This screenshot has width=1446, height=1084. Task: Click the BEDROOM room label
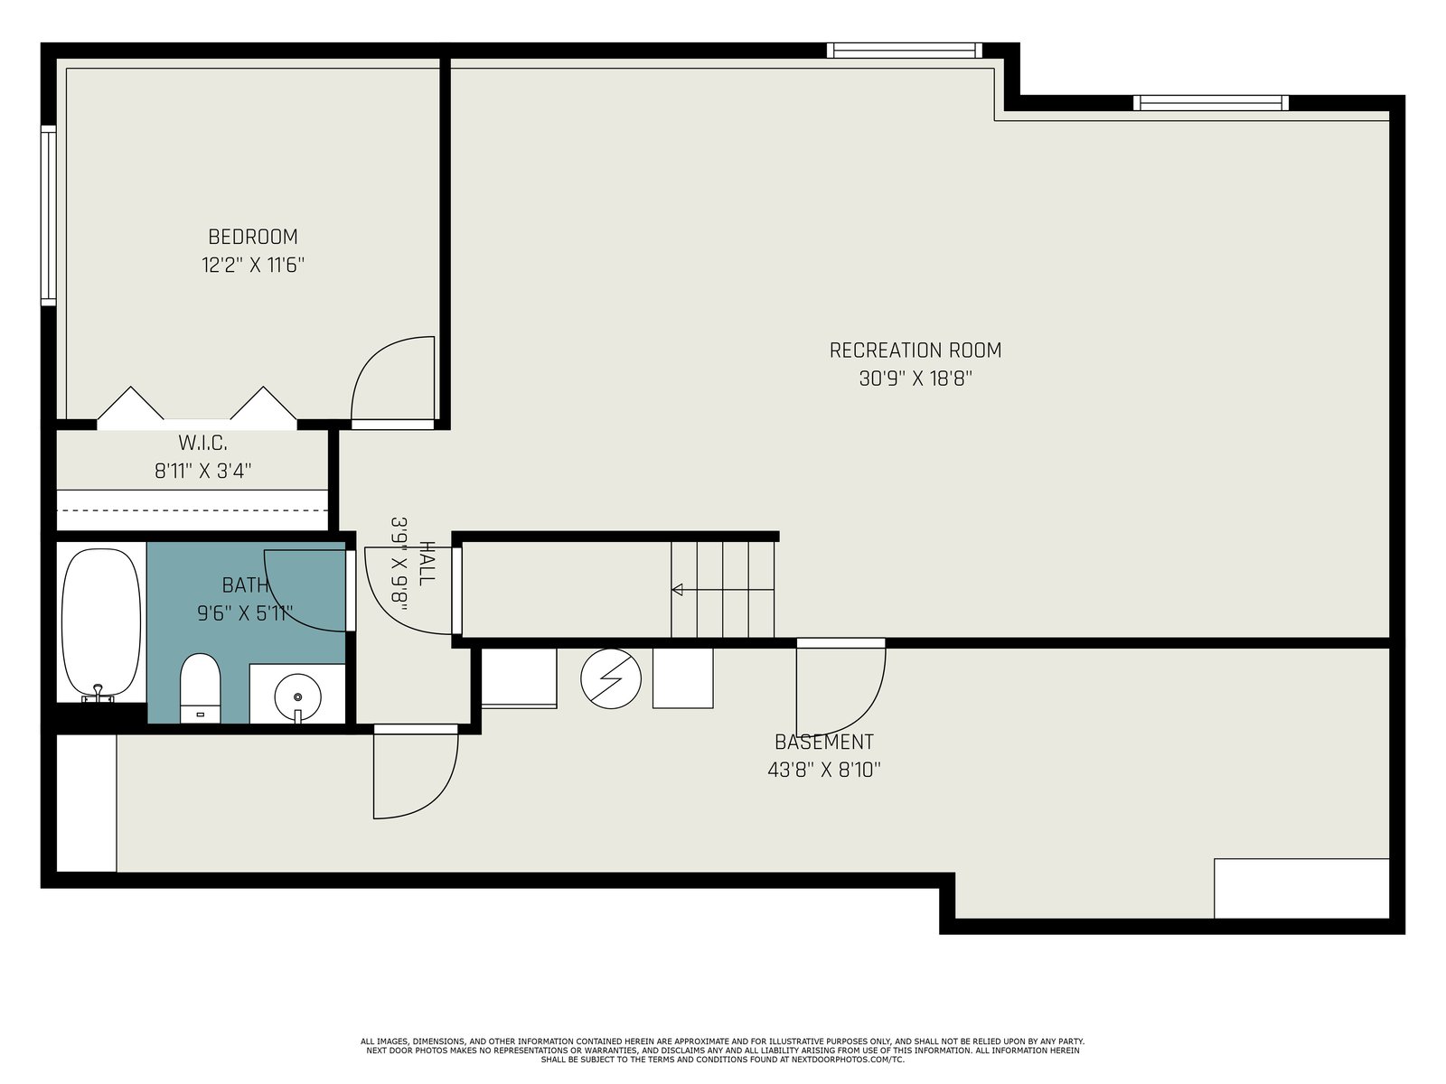pyautogui.click(x=253, y=237)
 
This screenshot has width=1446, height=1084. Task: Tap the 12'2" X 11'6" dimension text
pyautogui.click(x=253, y=266)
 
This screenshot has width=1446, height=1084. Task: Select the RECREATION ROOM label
pyautogui.click(x=915, y=350)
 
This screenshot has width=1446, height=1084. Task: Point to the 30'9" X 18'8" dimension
pyautogui.click(x=915, y=378)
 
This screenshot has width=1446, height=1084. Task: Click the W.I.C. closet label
pyautogui.click(x=203, y=443)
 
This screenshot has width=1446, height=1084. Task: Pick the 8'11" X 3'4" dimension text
pyautogui.click(x=203, y=472)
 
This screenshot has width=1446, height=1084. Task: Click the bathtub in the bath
pyautogui.click(x=101, y=624)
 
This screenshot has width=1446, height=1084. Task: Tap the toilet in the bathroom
pyautogui.click(x=201, y=687)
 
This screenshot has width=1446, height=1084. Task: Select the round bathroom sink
pyautogui.click(x=297, y=696)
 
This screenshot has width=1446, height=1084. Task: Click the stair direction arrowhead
pyautogui.click(x=677, y=589)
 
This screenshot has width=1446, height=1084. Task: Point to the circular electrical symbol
pyautogui.click(x=611, y=678)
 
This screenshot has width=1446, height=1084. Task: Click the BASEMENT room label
pyautogui.click(x=824, y=742)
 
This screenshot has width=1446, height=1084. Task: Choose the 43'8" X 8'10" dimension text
pyautogui.click(x=824, y=770)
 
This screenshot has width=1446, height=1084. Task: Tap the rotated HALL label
pyautogui.click(x=427, y=564)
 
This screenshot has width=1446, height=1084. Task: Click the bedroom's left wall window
pyautogui.click(x=48, y=215)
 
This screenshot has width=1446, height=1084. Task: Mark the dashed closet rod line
pyautogui.click(x=192, y=510)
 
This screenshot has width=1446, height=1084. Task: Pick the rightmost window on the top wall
pyautogui.click(x=1211, y=103)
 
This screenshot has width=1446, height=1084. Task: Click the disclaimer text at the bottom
pyautogui.click(x=723, y=1051)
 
